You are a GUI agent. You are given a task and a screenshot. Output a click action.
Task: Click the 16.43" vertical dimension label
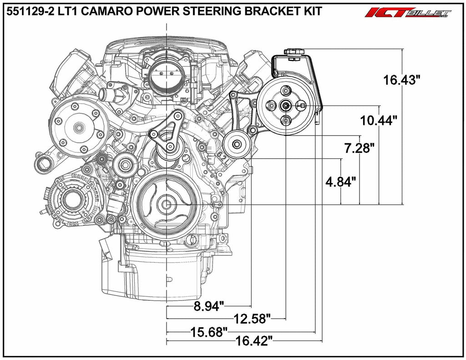coord(402,80)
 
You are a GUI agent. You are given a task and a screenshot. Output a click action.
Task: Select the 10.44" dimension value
coord(378,121)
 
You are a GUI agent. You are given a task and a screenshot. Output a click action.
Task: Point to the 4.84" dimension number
coord(340,181)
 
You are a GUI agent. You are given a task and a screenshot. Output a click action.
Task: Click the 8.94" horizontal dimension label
coord(208,306)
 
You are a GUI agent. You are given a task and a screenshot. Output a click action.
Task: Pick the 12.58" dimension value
coord(252,319)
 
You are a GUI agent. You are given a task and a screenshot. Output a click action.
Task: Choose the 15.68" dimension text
coord(209,332)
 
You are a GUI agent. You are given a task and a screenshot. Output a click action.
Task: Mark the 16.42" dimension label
coord(254,341)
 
